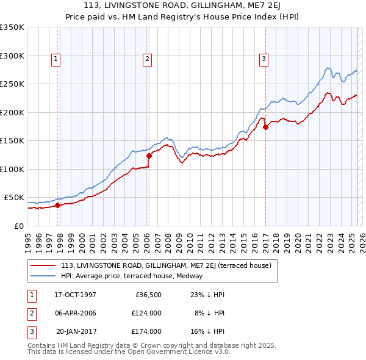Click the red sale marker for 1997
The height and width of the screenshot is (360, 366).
pyautogui.click(x=58, y=205)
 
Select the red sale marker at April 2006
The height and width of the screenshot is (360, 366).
pyautogui.click(x=149, y=156)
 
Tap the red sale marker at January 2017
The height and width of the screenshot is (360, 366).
pyautogui.click(x=265, y=128)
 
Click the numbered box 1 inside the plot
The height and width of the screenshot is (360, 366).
pyautogui.click(x=56, y=59)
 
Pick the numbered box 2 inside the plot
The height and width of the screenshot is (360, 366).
pyautogui.click(x=148, y=59)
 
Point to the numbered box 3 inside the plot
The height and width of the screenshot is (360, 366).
pyautogui.click(x=264, y=59)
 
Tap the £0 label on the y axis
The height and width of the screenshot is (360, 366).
pyautogui.click(x=19, y=226)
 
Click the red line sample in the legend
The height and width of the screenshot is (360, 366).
pyautogui.click(x=43, y=265)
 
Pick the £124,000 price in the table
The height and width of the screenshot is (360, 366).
pyautogui.click(x=146, y=313)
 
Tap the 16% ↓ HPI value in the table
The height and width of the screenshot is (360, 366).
pyautogui.click(x=208, y=331)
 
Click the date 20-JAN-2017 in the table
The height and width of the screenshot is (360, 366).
pyautogui.click(x=76, y=331)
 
